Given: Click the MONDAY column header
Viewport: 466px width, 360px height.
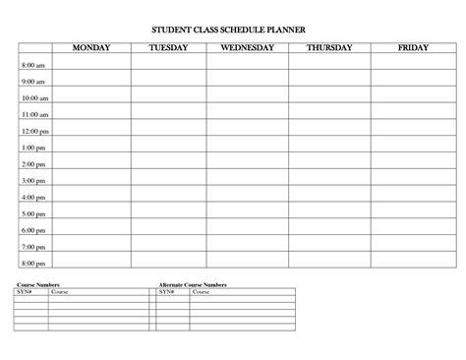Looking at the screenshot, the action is (89, 47).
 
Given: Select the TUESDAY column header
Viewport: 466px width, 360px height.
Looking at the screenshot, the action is (168, 47).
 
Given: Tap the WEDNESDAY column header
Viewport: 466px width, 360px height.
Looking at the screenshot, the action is (247, 47).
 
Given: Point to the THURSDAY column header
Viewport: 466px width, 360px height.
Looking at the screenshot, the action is (329, 47).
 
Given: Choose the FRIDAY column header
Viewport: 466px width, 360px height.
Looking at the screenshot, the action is (412, 47).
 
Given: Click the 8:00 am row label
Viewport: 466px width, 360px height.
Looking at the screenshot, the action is (32, 65).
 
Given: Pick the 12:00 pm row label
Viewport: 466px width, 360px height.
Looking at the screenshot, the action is (34, 131).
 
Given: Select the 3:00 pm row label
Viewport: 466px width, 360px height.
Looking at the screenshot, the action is (33, 181).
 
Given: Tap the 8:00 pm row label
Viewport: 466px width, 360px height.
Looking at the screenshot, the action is (33, 263).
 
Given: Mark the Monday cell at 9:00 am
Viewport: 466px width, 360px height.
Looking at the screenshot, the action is (89, 82).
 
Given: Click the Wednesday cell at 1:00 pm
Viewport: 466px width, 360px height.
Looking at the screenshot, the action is (247, 148).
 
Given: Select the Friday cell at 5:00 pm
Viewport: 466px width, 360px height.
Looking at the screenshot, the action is (412, 213).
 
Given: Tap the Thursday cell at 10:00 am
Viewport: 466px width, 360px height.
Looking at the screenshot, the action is (329, 98).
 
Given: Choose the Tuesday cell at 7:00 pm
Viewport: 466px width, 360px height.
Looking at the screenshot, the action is (168, 246).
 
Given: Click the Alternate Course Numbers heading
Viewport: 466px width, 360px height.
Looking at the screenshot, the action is (193, 284).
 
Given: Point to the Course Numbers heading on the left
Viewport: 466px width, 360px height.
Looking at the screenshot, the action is (32, 284).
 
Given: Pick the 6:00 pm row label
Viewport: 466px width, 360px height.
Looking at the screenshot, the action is (33, 230).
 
